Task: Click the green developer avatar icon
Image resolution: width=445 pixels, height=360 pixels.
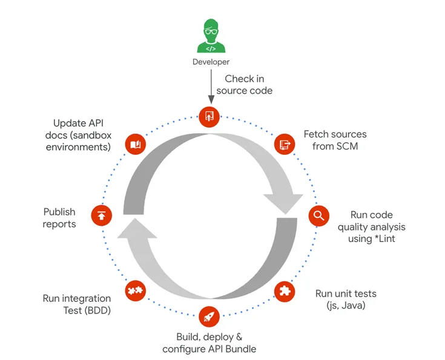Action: (x=211, y=38)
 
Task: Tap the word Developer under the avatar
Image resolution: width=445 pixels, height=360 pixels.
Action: (x=211, y=62)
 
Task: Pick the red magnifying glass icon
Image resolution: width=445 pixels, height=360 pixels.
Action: (x=318, y=215)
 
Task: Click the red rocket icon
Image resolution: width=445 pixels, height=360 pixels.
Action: (x=209, y=317)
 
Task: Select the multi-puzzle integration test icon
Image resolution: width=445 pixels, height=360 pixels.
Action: (x=135, y=291)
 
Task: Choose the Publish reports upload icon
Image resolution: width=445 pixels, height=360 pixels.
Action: (x=101, y=215)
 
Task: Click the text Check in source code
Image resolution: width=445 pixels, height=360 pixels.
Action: (x=245, y=85)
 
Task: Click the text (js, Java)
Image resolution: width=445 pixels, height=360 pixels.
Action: (x=346, y=306)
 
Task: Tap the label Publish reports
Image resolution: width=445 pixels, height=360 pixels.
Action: (x=59, y=218)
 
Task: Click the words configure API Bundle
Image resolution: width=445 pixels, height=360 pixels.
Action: (x=209, y=349)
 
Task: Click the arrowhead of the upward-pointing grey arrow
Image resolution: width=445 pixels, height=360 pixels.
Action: (x=136, y=228)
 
